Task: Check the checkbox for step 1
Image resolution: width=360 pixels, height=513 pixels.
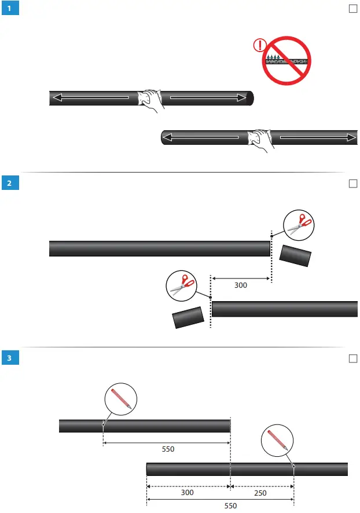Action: [x=352, y=9]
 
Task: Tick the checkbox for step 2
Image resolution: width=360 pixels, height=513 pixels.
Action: [x=352, y=184]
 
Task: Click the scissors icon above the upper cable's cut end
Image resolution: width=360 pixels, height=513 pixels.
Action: [x=299, y=224]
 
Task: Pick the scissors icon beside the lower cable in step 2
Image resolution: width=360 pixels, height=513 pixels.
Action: [x=181, y=285]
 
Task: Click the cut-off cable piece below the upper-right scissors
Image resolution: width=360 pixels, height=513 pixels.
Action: [x=296, y=255]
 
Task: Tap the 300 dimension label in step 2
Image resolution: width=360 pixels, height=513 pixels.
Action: [x=241, y=285]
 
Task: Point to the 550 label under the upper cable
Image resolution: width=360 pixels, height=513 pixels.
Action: [x=167, y=449]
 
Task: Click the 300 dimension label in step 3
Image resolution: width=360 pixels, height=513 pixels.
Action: [x=188, y=493]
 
